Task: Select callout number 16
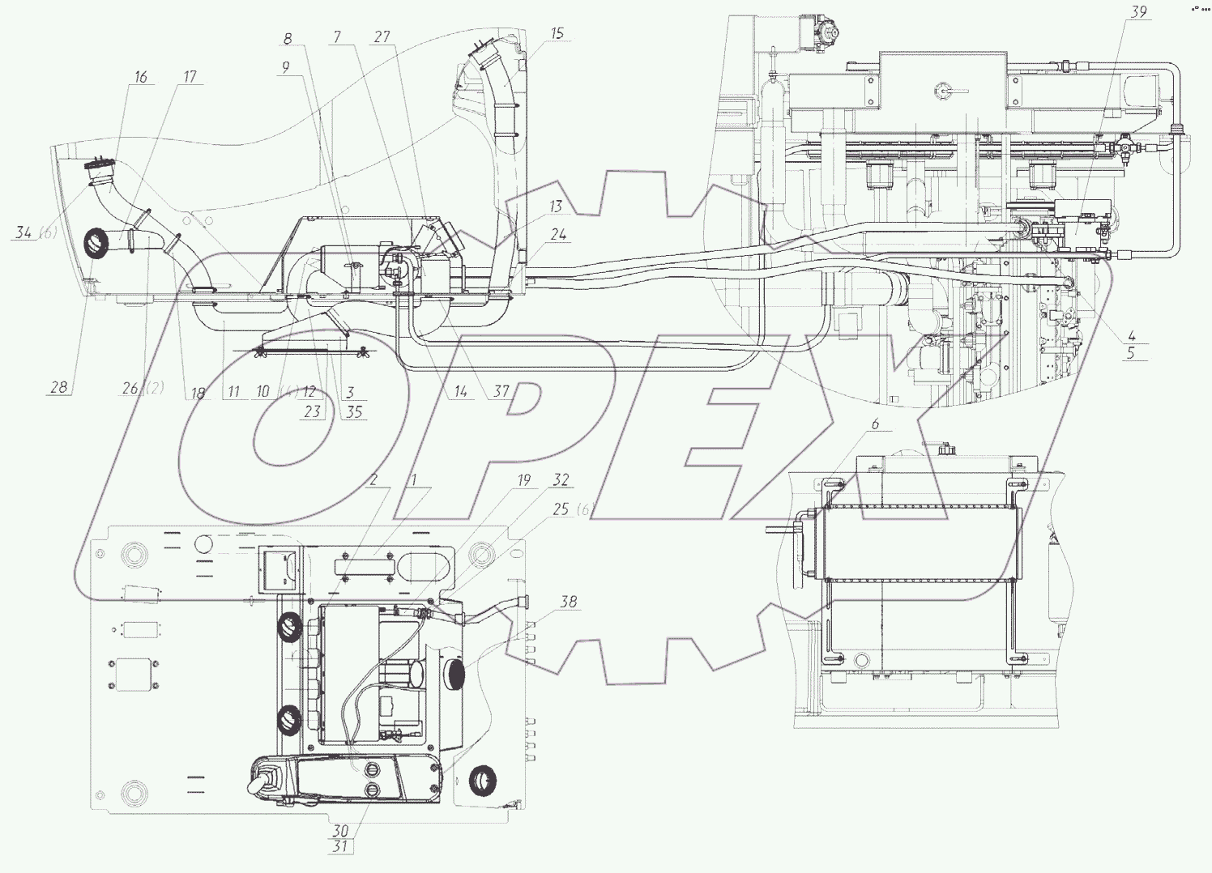(141, 78)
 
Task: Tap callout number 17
(190, 78)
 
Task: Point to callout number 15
(557, 35)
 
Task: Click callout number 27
(382, 36)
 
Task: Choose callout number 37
(501, 392)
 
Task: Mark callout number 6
(875, 424)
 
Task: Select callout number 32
(561, 480)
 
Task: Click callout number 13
(556, 207)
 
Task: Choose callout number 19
(523, 481)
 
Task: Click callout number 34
(23, 234)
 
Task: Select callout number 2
(373, 479)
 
